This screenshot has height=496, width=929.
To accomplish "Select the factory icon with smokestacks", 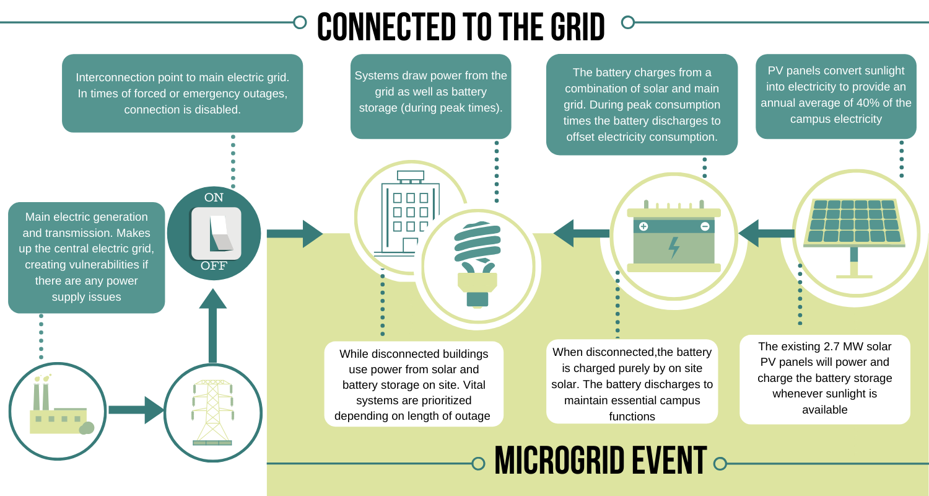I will click(58, 410).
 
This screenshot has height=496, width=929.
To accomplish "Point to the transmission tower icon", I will click(212, 412).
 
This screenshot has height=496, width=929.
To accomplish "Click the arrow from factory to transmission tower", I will click(136, 410).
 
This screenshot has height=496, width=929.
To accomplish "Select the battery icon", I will click(673, 237).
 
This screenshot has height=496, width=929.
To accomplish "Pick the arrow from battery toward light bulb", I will click(580, 233).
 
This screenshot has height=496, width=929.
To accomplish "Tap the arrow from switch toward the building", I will click(295, 234).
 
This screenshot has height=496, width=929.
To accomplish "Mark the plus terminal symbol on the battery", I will click(643, 226).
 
